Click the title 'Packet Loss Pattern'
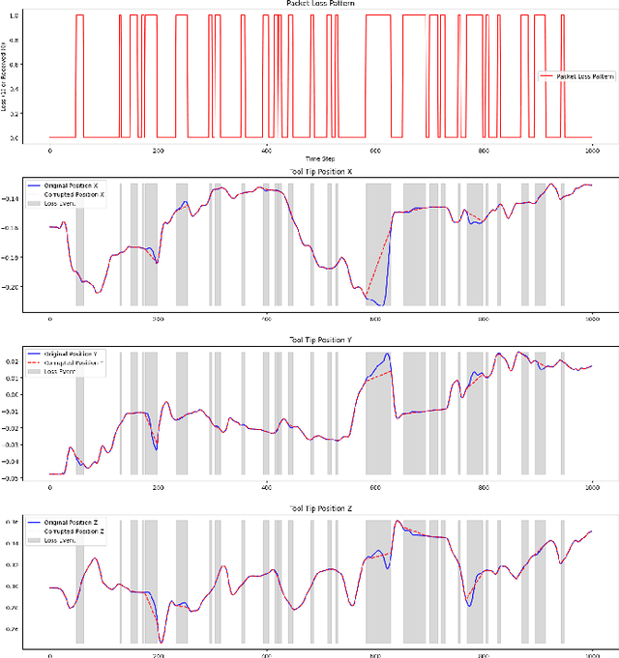(320, 4)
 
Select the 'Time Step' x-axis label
(320, 157)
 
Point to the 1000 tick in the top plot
(591, 149)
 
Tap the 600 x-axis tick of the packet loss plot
(374, 149)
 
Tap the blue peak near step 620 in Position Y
(387, 355)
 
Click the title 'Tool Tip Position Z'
(320, 508)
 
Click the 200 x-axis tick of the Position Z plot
(158, 654)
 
